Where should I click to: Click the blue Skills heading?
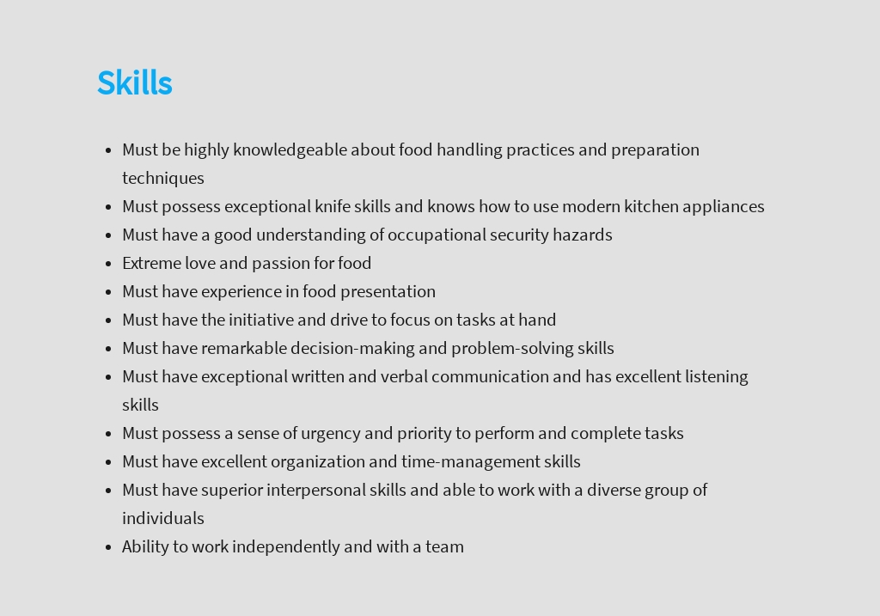135,83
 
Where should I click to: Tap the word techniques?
163,179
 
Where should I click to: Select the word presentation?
388,292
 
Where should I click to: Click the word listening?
716,377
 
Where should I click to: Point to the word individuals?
163,518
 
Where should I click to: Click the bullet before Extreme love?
108,264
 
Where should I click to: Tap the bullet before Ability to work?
108,547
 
